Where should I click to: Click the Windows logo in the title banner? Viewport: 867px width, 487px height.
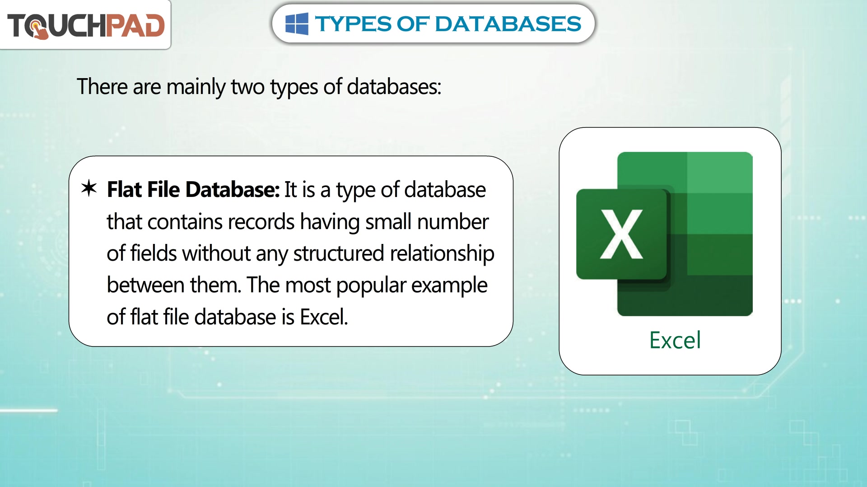[297, 24]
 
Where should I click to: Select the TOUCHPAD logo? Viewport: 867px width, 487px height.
[86, 25]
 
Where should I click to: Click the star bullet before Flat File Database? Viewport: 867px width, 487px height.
[89, 188]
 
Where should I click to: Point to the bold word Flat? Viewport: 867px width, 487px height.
[124, 189]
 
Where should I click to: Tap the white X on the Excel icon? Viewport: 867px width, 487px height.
[621, 234]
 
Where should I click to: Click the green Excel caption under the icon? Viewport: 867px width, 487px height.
[675, 340]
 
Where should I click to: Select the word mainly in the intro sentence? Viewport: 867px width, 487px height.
[196, 87]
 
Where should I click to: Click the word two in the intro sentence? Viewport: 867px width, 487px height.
[247, 87]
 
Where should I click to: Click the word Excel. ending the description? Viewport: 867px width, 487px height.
[324, 317]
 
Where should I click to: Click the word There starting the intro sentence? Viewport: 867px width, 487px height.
[102, 87]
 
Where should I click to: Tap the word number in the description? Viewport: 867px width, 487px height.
[452, 222]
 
